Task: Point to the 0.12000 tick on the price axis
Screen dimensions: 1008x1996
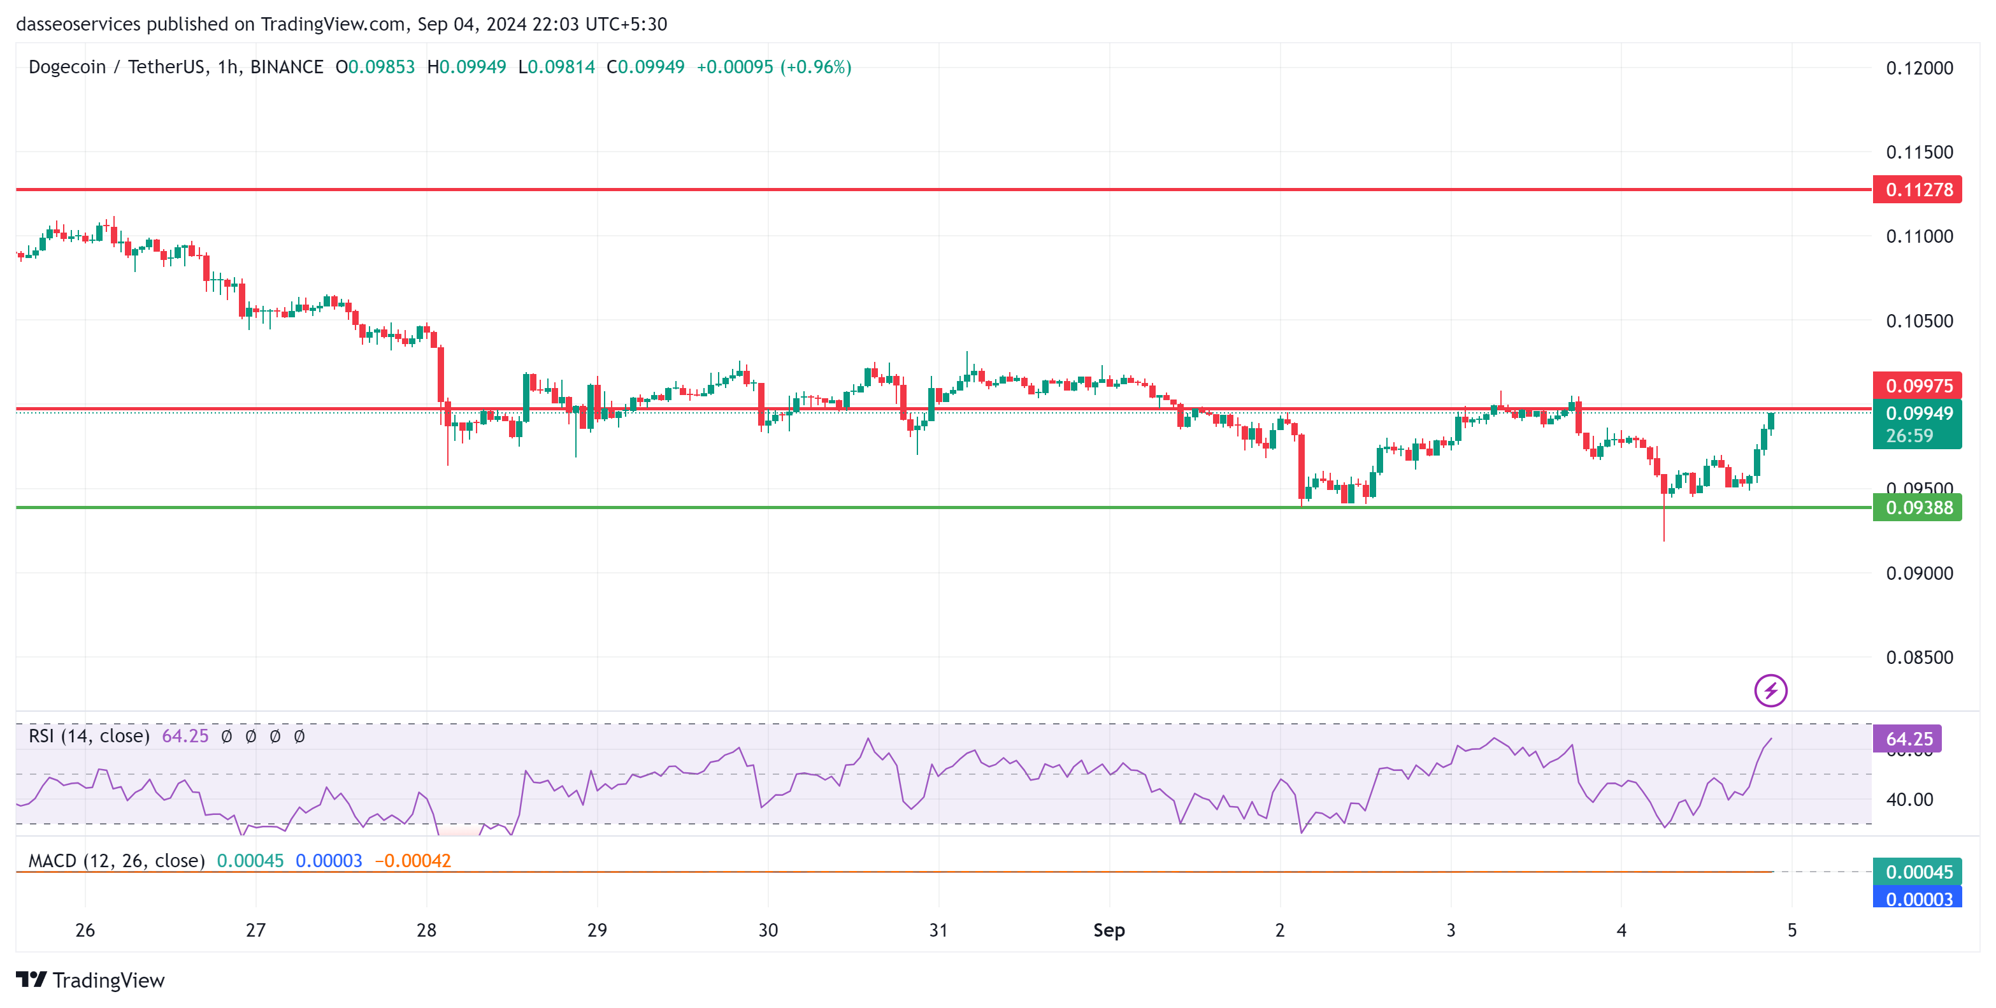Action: pyautogui.click(x=1918, y=68)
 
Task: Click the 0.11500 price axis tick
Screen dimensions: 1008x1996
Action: pyautogui.click(x=1918, y=152)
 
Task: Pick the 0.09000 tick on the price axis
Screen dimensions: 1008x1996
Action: pyautogui.click(x=1918, y=573)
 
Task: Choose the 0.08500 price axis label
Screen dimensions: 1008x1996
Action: pyautogui.click(x=1918, y=658)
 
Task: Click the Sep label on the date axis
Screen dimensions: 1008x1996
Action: pyautogui.click(x=1109, y=930)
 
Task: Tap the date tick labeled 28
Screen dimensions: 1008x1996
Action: pyautogui.click(x=426, y=930)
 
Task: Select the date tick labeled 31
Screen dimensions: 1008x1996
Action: pyautogui.click(x=938, y=930)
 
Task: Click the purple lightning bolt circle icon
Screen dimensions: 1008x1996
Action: pyautogui.click(x=1770, y=690)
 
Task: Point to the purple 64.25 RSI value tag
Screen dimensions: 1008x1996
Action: pyautogui.click(x=1907, y=739)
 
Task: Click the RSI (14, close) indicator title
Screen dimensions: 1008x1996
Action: pyautogui.click(x=89, y=736)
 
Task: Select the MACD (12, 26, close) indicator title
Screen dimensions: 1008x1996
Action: pyautogui.click(x=116, y=861)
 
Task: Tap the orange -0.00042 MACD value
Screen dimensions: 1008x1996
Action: pyautogui.click(x=412, y=861)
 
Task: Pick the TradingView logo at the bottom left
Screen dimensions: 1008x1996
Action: pyautogui.click(x=90, y=980)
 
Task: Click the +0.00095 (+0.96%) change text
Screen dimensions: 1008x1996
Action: pyautogui.click(x=773, y=68)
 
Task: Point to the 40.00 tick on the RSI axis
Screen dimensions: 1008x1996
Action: pyautogui.click(x=1909, y=800)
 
